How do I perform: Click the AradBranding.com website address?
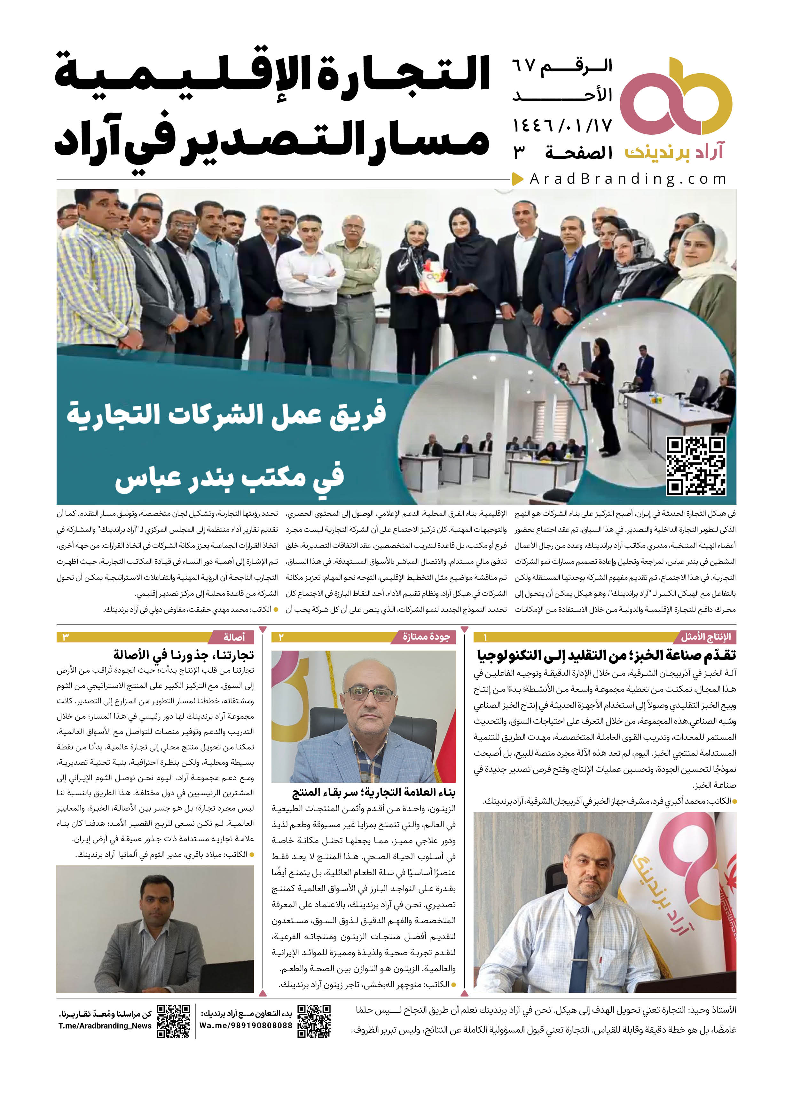(x=628, y=179)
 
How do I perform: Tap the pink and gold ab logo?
(x=676, y=97)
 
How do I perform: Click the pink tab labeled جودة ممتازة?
(x=427, y=637)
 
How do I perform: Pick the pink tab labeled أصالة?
(x=234, y=637)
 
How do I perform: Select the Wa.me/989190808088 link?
(x=246, y=1026)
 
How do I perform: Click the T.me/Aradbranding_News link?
(x=105, y=1026)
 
